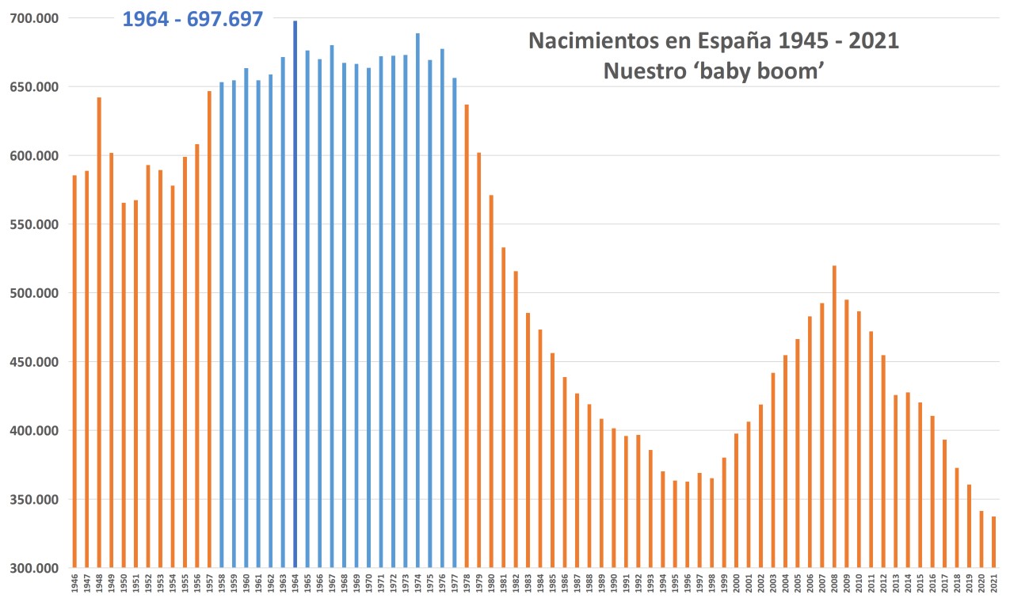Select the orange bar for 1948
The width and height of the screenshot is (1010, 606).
point(99,333)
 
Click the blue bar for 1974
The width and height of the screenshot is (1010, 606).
point(417,301)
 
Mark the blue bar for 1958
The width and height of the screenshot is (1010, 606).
point(222,325)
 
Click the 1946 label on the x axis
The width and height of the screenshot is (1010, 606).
point(74,587)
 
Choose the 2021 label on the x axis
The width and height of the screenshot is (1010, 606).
point(994,587)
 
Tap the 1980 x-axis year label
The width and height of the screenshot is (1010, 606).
point(491,587)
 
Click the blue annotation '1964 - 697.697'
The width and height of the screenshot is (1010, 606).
point(192,19)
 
